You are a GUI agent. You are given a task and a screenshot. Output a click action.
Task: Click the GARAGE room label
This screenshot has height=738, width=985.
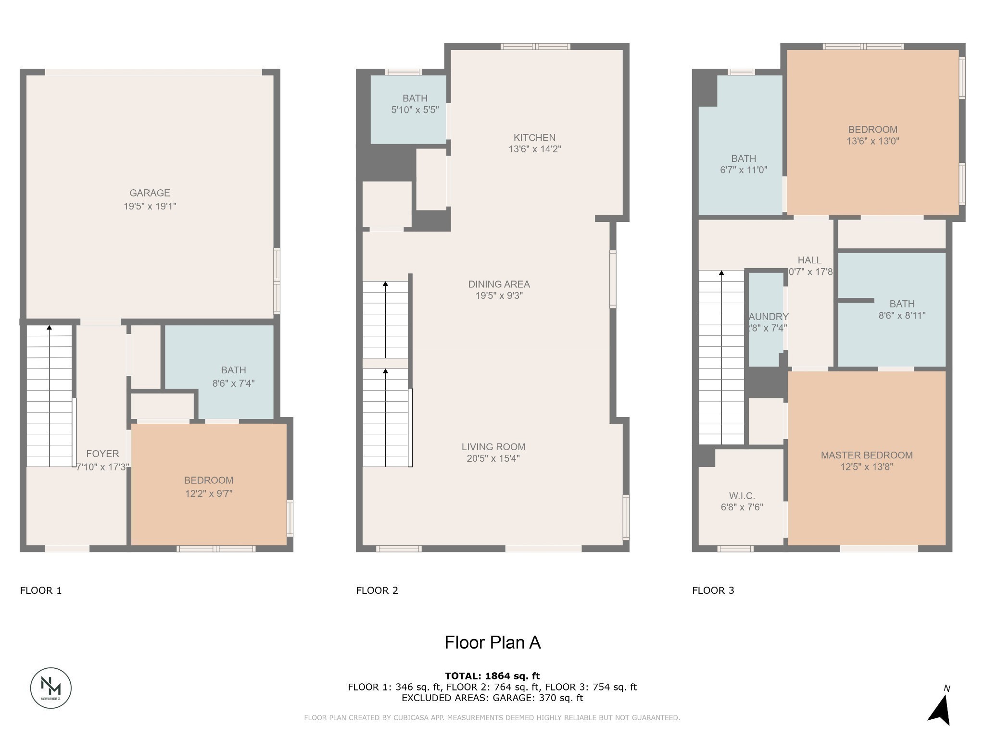point(150,193)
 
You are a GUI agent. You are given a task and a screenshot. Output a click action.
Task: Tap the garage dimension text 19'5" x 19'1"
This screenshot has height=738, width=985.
point(150,206)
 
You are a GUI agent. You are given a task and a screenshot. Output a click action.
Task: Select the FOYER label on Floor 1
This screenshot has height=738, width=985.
point(102,454)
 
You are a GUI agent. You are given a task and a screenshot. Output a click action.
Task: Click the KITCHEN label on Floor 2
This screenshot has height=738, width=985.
point(534,137)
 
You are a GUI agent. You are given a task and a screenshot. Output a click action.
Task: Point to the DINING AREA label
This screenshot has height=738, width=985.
point(499,284)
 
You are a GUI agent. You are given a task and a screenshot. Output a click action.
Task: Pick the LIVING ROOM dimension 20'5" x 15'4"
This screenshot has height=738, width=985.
point(493,458)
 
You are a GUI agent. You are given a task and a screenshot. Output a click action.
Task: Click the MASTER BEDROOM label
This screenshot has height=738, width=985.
point(866,455)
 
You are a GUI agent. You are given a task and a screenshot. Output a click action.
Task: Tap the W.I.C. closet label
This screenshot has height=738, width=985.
point(742,496)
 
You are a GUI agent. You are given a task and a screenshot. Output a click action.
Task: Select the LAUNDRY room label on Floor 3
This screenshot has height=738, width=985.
point(768,317)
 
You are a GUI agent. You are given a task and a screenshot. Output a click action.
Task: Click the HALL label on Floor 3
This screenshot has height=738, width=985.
point(809,260)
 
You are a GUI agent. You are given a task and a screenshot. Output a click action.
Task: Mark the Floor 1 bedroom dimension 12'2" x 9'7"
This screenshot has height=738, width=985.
point(209,493)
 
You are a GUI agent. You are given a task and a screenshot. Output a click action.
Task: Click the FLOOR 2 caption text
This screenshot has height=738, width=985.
point(377,590)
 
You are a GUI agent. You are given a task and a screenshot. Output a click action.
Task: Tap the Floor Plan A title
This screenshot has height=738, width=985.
point(492,642)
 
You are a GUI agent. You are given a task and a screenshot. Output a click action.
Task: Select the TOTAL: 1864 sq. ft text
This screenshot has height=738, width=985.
point(492,676)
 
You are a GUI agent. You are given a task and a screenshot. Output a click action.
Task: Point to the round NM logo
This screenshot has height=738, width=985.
point(51,688)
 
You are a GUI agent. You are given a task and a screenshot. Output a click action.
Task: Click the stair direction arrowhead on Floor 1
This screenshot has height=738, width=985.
point(49,328)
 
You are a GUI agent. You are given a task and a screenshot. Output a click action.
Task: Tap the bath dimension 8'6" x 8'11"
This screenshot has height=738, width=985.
point(901,316)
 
